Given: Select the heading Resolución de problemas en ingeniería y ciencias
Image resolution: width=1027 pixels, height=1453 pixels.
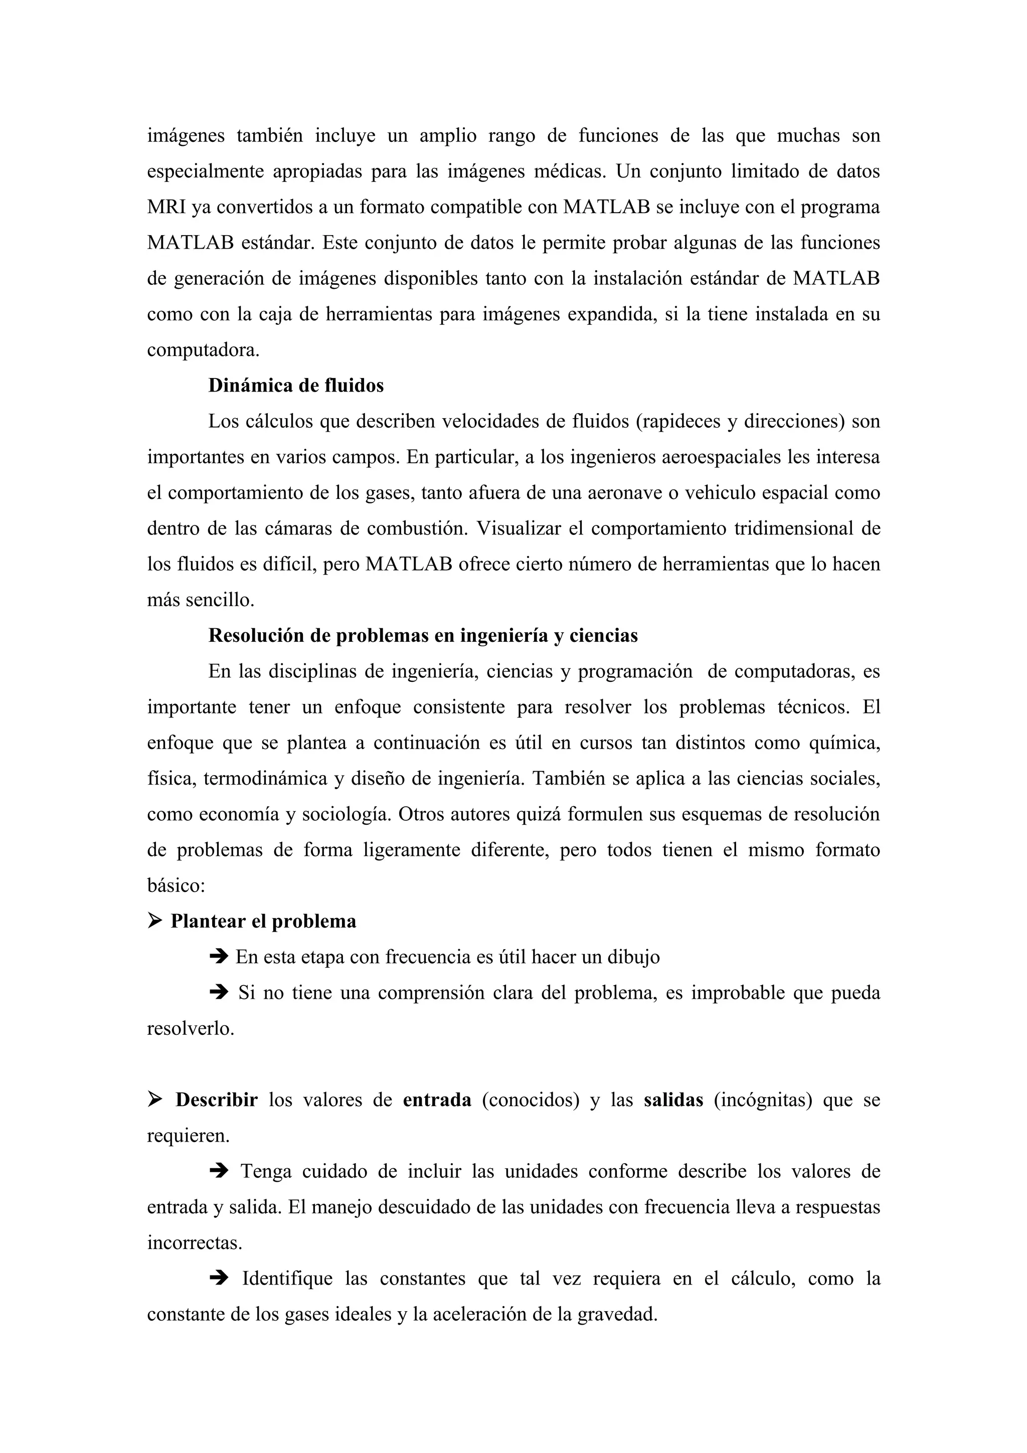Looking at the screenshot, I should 423,635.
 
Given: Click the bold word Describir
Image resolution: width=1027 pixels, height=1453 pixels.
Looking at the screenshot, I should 217,1100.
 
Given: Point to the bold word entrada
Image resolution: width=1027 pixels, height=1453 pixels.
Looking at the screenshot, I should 437,1100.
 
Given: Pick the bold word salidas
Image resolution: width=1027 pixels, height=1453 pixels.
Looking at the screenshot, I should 673,1100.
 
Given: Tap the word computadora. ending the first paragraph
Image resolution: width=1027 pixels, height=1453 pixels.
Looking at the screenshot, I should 203,350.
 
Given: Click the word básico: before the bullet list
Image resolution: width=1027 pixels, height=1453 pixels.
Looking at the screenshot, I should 176,885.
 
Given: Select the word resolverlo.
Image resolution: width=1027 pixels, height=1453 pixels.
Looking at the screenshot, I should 191,1028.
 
